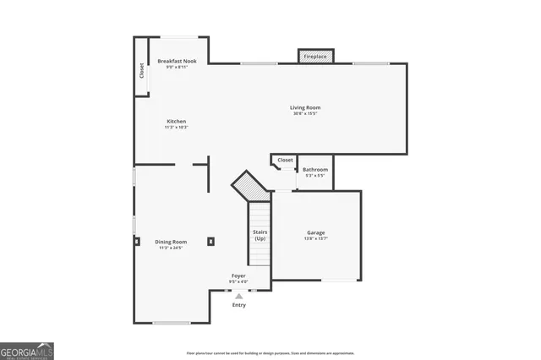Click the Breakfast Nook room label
point(178,61)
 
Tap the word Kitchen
point(176,121)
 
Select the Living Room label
point(305,107)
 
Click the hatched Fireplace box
point(315,56)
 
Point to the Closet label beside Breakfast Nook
point(141,71)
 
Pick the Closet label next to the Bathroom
point(285,160)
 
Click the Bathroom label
point(314,169)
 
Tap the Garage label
point(315,232)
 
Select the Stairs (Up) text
point(260,235)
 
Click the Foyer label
point(239,275)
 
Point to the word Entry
point(239,305)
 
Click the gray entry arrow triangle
point(239,296)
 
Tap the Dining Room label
point(171,242)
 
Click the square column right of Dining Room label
point(210,241)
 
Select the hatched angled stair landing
point(250,186)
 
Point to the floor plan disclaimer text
point(270,353)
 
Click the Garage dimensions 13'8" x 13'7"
point(315,239)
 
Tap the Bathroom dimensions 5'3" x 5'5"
point(314,176)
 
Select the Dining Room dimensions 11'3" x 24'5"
point(171,248)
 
